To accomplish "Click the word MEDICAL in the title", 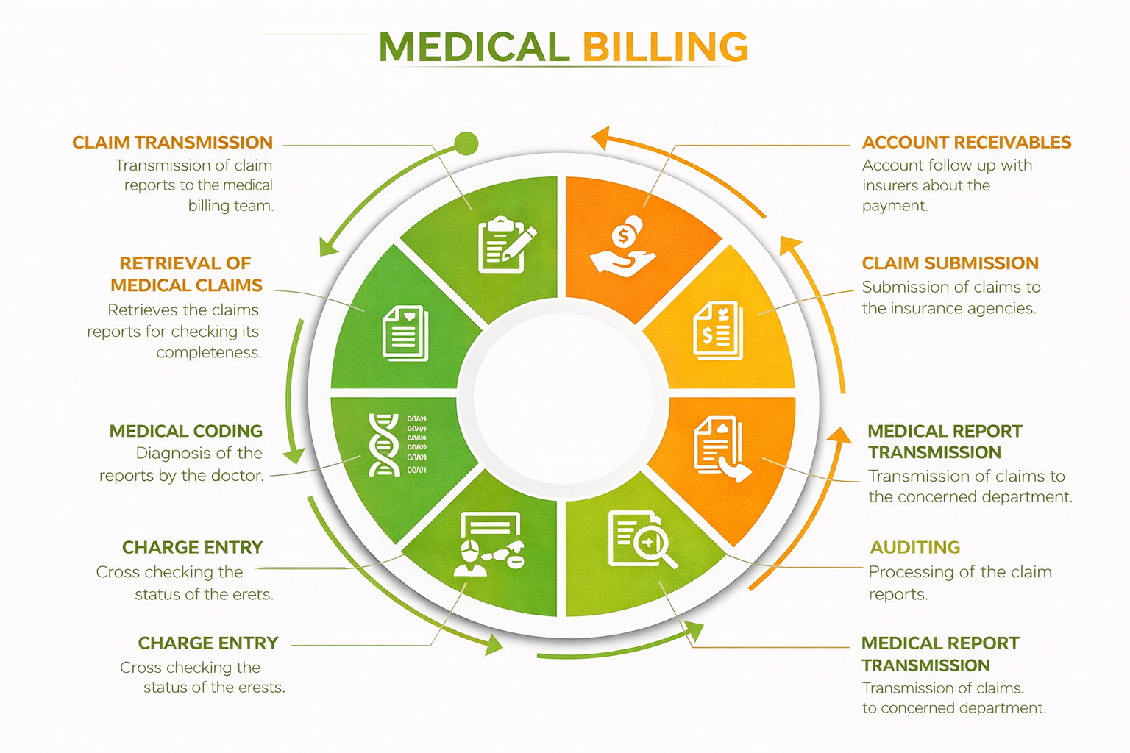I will (x=474, y=48).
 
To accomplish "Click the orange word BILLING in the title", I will (x=665, y=48).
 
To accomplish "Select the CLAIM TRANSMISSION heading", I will (x=172, y=143).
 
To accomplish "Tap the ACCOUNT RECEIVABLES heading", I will (x=966, y=143).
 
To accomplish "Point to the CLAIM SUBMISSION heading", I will (x=950, y=263).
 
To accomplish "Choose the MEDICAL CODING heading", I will (x=185, y=431).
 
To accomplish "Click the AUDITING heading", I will (x=914, y=547).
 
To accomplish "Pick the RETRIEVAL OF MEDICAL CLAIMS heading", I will (x=186, y=274).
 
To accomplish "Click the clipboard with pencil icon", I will (x=506, y=245).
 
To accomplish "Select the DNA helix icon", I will (x=384, y=444).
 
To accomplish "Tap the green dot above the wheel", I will (x=466, y=143).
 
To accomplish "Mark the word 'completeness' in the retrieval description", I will (x=209, y=353).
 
